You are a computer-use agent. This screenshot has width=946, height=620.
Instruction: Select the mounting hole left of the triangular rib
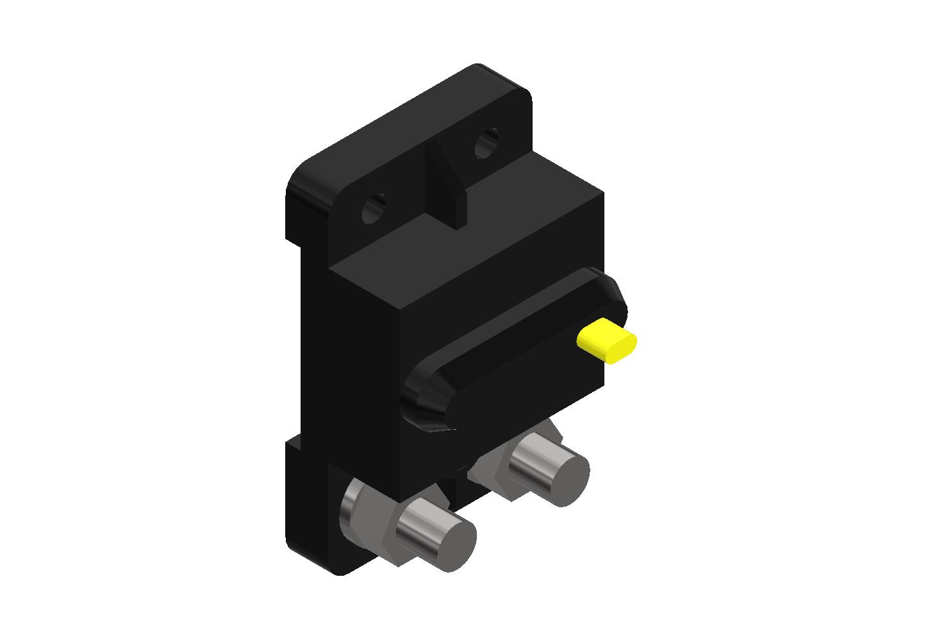tap(374, 208)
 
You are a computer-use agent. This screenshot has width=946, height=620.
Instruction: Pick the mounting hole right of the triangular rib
tap(486, 144)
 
